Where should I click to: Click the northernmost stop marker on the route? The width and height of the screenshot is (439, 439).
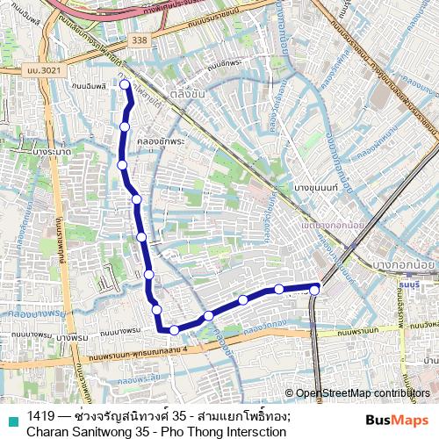pos(125,84)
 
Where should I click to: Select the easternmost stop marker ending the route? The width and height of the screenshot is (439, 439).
pos(314,289)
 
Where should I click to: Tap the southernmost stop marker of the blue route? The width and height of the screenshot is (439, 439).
pos(174,330)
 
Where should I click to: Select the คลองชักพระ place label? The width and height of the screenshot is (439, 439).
pos(165,140)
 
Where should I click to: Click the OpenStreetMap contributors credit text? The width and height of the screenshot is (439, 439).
pos(363,393)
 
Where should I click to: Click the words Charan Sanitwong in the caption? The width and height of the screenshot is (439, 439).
pos(78,431)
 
